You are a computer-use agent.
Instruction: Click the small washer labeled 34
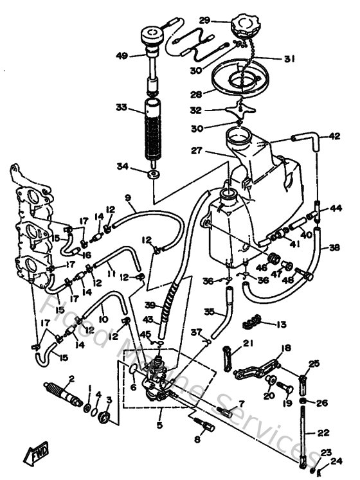pos(154,174)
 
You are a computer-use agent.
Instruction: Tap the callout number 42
pos(334,136)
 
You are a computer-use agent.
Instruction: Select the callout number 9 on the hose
pos(127,197)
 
